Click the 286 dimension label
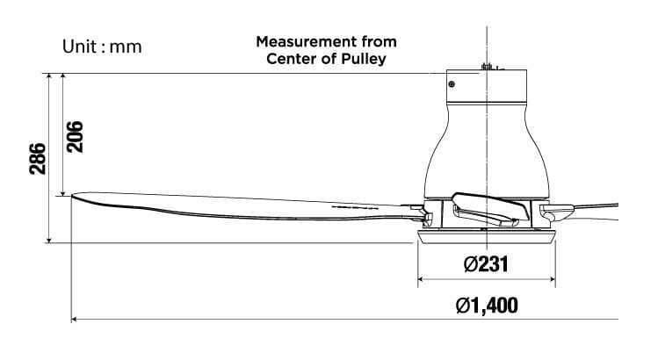click(38, 158)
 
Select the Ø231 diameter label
click(486, 263)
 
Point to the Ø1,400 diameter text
click(487, 306)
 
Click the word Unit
click(81, 46)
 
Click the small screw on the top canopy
click(452, 84)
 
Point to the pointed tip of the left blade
click(73, 196)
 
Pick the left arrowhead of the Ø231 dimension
click(420, 280)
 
